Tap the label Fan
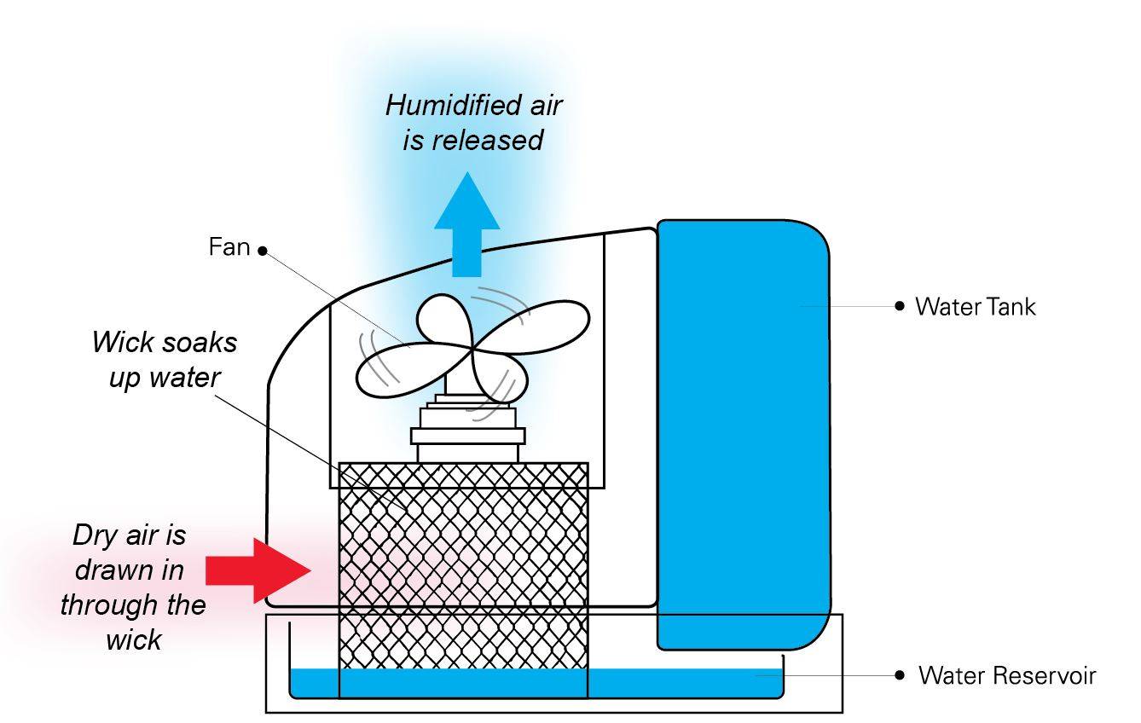click(229, 247)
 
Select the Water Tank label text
click(975, 307)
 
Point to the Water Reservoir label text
click(1006, 676)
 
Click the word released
click(486, 140)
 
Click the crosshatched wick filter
click(463, 580)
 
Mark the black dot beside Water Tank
click(899, 306)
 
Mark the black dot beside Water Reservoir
click(899, 675)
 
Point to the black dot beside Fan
click(262, 251)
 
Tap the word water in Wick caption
click(186, 378)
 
